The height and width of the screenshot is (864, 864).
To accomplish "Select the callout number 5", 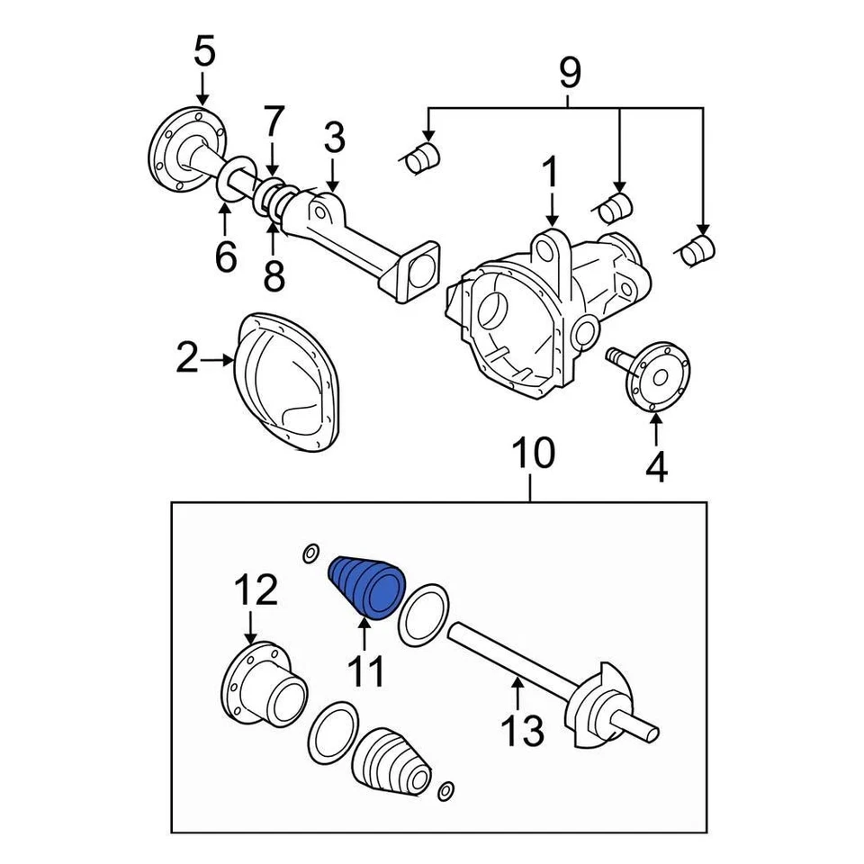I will click(x=204, y=52).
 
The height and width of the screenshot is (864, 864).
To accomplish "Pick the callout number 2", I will click(x=186, y=360).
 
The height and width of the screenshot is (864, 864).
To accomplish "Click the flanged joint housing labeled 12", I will click(x=263, y=688).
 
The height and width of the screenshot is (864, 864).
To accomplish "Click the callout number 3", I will click(x=333, y=138).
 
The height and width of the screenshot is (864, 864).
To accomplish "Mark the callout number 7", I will click(x=274, y=121).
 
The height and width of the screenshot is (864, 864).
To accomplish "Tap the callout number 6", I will click(x=225, y=256).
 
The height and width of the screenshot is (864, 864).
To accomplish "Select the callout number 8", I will click(x=274, y=275).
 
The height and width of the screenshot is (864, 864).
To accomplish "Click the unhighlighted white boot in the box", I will click(x=390, y=763).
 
